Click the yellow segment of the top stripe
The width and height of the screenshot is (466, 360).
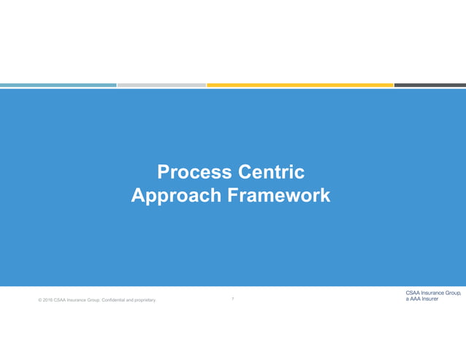coord(299,85)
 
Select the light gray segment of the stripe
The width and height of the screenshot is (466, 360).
coord(161,85)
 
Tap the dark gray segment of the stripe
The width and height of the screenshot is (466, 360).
coord(429,85)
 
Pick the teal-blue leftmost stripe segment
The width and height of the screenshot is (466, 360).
coord(58,85)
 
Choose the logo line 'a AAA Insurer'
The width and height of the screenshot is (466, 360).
coord(422,299)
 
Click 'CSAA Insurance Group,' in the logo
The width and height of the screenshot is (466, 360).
coord(432,293)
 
